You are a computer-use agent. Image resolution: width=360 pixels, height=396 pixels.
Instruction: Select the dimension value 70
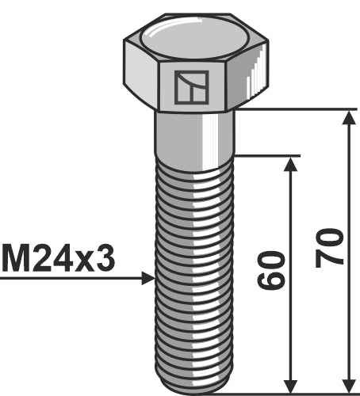pyautogui.click(x=328, y=247)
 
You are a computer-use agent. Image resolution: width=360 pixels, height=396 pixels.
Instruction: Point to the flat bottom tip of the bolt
pyautogui.click(x=193, y=388)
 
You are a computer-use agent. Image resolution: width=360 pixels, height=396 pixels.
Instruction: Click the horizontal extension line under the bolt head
pyautogui.click(x=293, y=110)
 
